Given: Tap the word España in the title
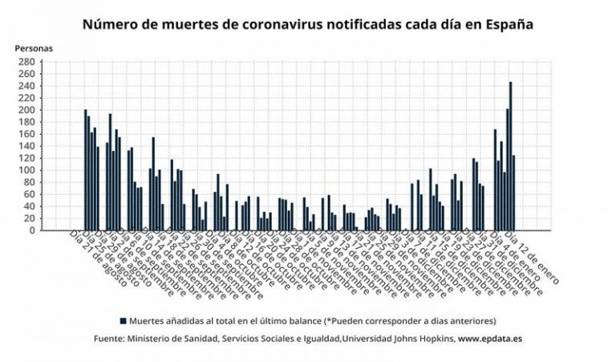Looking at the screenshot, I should tap(505, 25).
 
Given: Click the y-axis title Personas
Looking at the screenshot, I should tap(34, 48).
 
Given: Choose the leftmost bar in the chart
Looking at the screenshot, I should tap(85, 170).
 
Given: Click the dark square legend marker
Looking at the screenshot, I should tap(123, 319).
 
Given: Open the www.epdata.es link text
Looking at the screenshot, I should tap(490, 339).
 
